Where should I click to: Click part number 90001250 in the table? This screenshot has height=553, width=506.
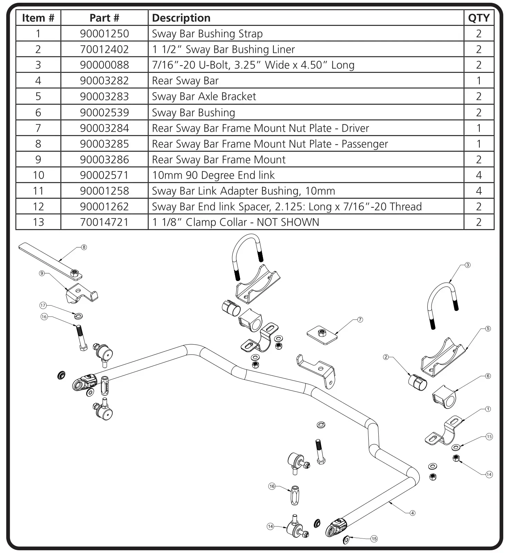point(104,34)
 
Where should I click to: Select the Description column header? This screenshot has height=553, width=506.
point(181,18)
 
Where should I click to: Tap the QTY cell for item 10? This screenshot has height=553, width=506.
point(478,175)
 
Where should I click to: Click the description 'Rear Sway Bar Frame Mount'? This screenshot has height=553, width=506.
point(218,160)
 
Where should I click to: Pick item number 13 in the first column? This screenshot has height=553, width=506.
point(38,222)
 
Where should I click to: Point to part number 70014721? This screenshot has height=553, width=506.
point(104,222)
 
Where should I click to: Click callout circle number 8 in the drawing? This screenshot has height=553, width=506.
point(84,247)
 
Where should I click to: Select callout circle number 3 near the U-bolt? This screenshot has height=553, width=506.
point(467,265)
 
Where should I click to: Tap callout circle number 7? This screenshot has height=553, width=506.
point(360,320)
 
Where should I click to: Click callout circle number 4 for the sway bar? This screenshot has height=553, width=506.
point(412,513)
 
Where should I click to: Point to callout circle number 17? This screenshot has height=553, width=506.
point(43,305)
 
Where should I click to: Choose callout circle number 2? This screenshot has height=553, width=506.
point(386,357)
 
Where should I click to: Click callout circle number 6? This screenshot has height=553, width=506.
point(488,376)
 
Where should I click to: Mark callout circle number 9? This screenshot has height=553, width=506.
point(42,273)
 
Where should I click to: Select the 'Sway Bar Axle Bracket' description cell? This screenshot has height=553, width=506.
point(204,96)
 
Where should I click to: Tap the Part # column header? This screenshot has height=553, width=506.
point(104,18)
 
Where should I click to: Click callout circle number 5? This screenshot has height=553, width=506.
point(488,329)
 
